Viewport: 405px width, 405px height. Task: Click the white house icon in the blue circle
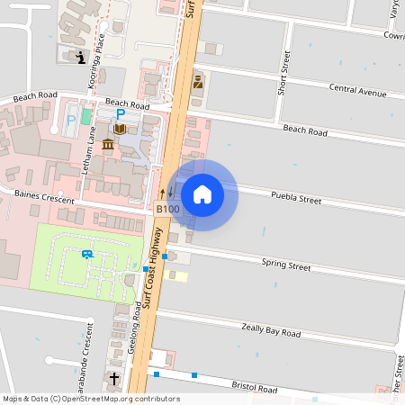pos(202,194)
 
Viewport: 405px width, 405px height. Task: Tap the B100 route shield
pos(167,210)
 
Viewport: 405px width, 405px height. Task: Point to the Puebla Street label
pos(295,197)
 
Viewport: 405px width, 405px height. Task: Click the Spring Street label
pos(285,265)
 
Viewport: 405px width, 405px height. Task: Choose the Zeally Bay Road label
pos(271,331)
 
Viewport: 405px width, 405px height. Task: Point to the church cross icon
pos(114,380)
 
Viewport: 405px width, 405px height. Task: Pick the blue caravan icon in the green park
pos(87,254)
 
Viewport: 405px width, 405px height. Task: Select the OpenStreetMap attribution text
pos(90,399)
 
